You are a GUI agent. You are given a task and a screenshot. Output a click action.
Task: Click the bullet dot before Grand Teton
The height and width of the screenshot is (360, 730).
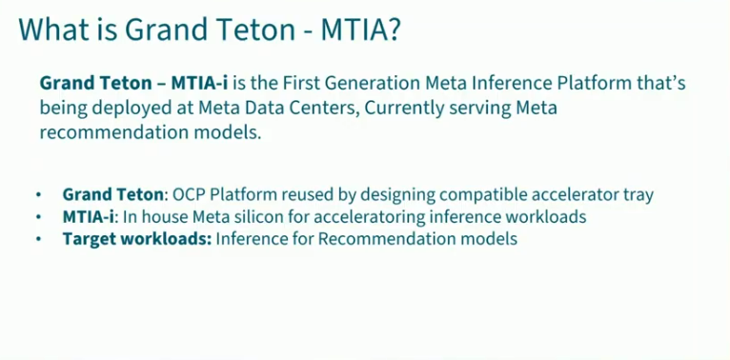click(x=39, y=195)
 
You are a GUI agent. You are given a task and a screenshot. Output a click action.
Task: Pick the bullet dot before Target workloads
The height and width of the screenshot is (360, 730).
click(x=39, y=240)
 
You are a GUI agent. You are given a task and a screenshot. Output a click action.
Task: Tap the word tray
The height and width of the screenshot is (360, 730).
click(x=638, y=194)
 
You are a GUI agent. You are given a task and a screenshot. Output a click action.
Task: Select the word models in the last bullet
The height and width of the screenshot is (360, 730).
click(x=489, y=239)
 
